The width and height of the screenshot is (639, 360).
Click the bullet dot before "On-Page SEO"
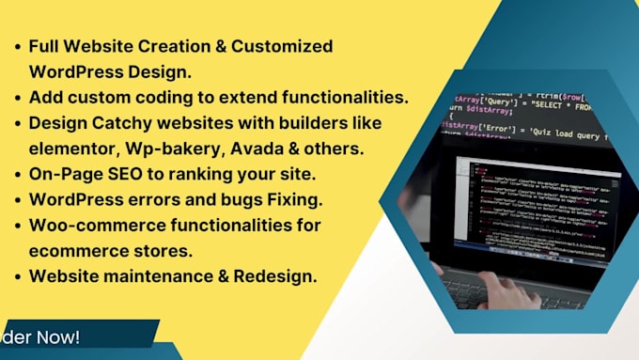click(18, 174)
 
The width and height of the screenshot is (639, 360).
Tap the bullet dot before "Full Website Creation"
click(18, 46)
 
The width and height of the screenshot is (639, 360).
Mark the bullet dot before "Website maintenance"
click(18, 277)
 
